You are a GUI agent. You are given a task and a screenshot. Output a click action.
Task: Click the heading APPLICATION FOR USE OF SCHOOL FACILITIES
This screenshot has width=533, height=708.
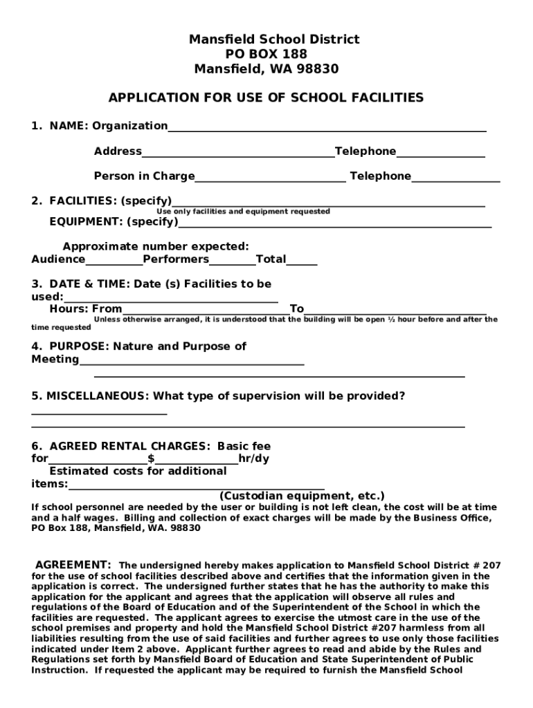click(x=266, y=97)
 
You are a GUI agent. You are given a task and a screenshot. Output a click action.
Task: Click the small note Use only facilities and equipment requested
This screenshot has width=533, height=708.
click(x=243, y=212)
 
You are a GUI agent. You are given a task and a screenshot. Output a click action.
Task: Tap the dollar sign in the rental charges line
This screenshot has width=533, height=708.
click(x=151, y=458)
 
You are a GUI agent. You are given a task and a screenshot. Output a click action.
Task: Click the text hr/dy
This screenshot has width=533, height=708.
click(x=254, y=458)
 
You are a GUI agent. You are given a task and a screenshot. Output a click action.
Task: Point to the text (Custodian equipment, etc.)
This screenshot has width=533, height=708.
click(x=302, y=496)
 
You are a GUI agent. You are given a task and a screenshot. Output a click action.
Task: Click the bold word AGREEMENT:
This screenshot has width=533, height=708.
click(x=73, y=564)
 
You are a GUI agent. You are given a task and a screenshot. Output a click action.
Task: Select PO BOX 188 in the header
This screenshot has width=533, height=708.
click(x=266, y=55)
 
